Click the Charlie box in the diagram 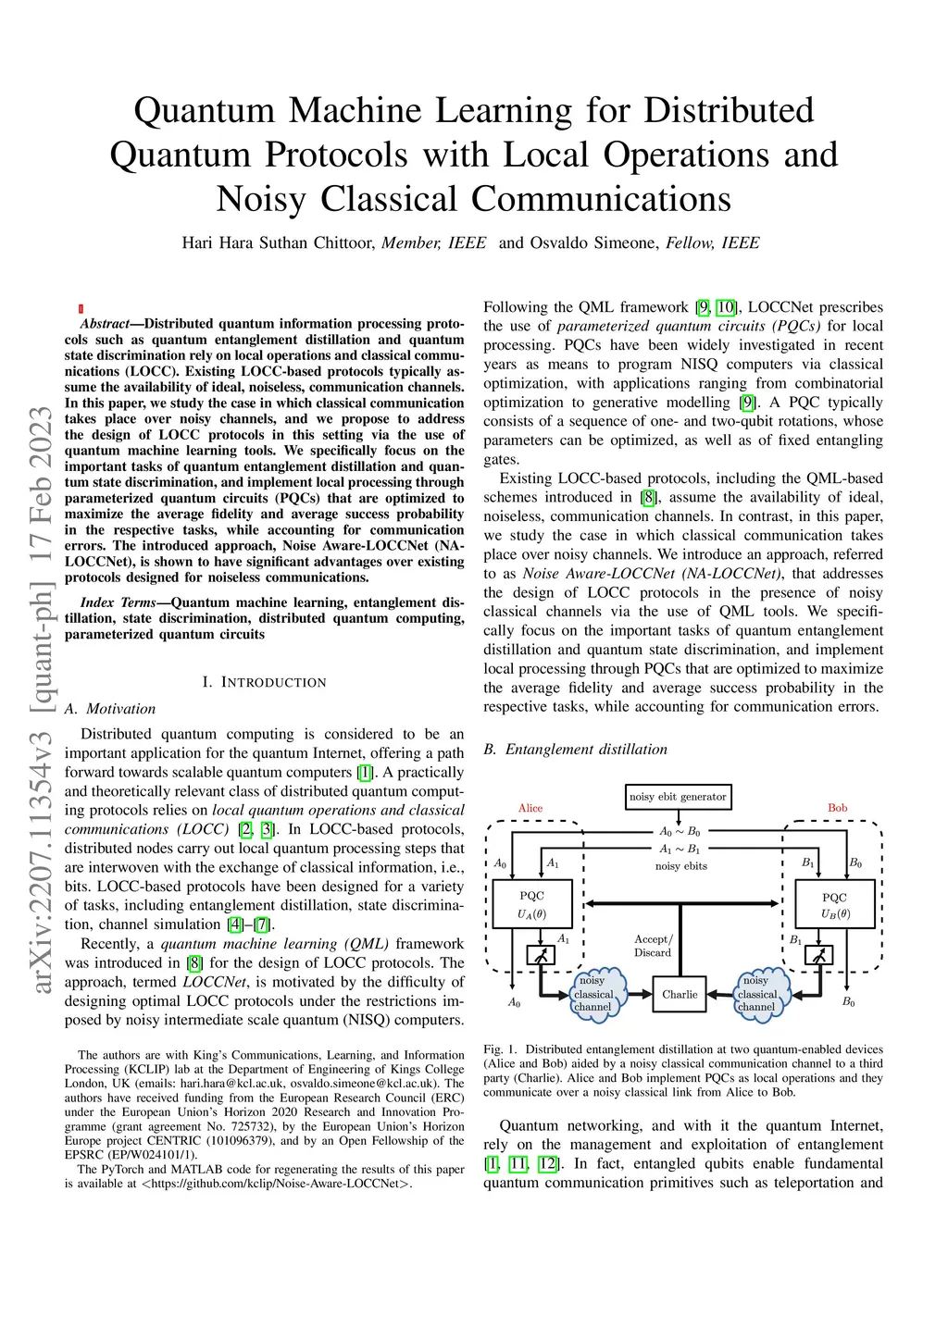pos(680,995)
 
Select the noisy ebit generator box pos(678,797)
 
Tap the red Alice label pos(530,808)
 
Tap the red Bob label pos(837,808)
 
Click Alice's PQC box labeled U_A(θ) pos(532,904)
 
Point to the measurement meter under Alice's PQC pos(541,954)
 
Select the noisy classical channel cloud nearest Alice pos(592,994)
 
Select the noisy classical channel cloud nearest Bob pos(757,994)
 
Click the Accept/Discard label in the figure pos(653,946)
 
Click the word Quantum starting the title pos(204,110)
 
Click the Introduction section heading pos(264,682)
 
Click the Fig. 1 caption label pos(500,1049)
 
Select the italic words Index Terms pos(118,602)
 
